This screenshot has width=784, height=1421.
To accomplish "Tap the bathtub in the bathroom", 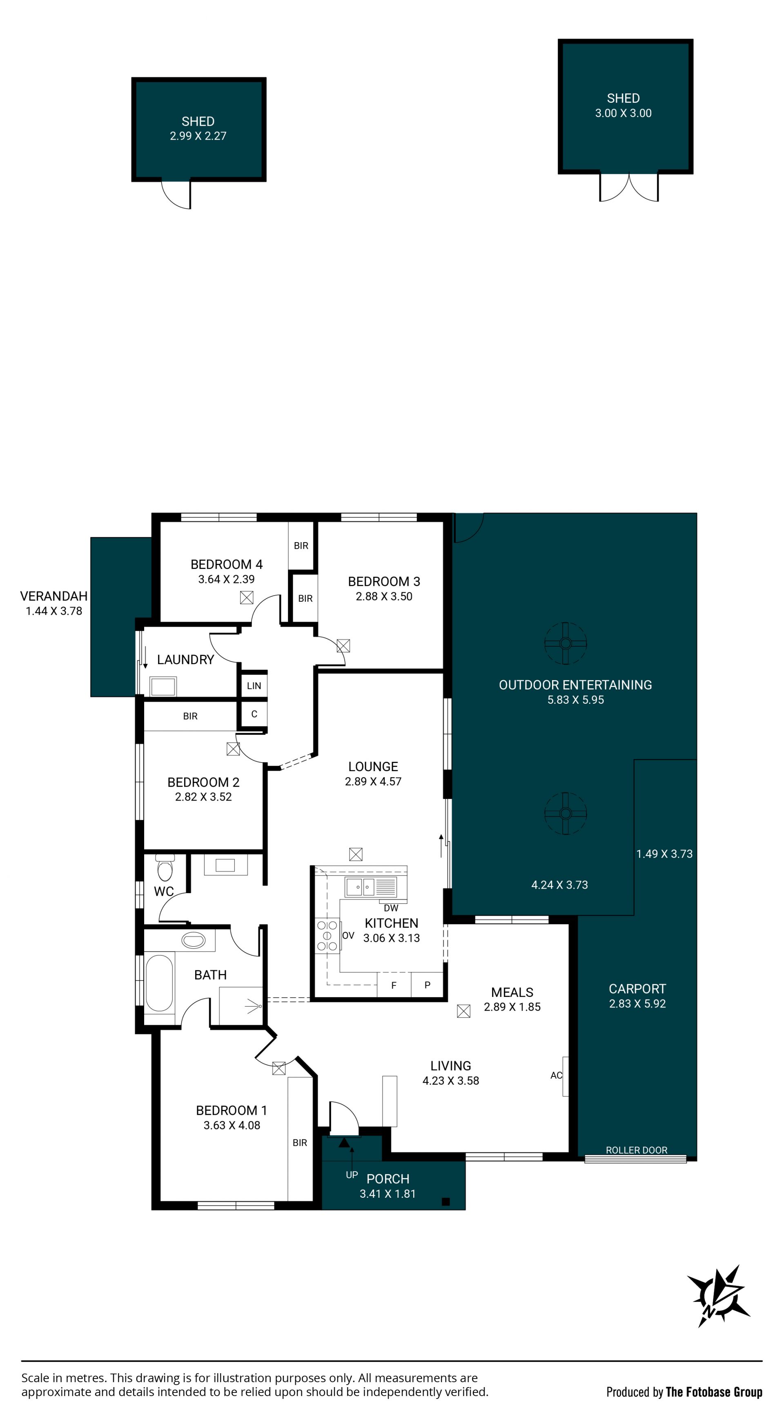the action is coord(159,983).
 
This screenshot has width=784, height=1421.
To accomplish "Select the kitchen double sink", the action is coord(360,887).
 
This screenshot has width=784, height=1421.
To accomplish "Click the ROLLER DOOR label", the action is coord(637,1150).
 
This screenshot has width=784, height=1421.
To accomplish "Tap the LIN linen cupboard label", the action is coord(254,686).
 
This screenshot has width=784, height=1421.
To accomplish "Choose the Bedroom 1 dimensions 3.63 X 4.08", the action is coord(232,1125).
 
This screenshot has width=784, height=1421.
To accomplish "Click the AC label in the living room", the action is coord(556,1075).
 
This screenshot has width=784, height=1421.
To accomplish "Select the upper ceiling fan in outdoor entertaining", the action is coord(565,643).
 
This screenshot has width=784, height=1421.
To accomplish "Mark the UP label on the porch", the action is coord(352,1175).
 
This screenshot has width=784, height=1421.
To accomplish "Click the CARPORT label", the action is coord(637,989).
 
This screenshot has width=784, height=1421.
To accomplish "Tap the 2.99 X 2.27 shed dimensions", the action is coord(198,136).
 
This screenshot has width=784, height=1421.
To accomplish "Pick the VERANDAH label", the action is coord(53,596).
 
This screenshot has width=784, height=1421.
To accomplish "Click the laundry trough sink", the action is coord(163,687).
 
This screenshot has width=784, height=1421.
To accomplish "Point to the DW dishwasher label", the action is coord(391,908).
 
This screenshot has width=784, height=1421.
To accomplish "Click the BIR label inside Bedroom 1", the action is coord(300,1143).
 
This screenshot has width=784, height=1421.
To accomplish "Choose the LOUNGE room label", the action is coord(373,766).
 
